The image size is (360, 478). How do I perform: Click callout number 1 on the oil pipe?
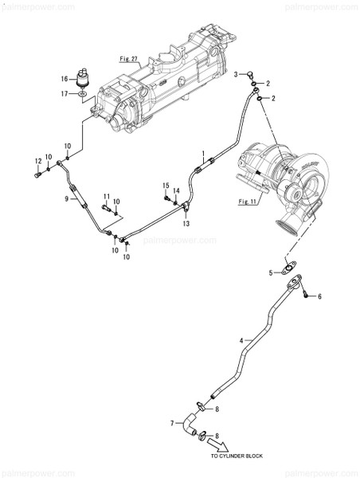coord(204,152)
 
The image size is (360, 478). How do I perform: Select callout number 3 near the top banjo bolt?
coord(236,73)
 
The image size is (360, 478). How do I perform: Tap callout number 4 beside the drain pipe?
coord(241,340)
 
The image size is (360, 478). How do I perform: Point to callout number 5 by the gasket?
coord(271,273)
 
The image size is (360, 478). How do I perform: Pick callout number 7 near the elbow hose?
coord(171,423)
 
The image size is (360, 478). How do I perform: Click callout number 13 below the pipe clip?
coord(185,225)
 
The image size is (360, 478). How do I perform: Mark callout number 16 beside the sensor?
coord(66,79)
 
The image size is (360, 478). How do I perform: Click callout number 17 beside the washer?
coord(66,93)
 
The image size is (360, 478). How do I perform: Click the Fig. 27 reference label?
coord(128,59)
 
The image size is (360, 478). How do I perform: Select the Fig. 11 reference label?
coord(249,202)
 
